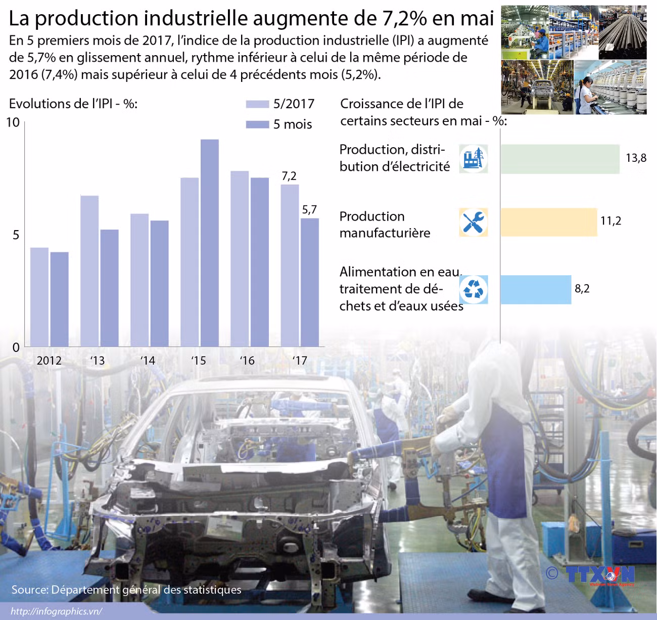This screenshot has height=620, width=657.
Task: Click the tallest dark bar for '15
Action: point(210,243)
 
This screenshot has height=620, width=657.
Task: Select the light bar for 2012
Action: point(39,297)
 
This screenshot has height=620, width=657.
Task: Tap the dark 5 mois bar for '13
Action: point(109,288)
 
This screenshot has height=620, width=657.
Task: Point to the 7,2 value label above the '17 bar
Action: point(289,176)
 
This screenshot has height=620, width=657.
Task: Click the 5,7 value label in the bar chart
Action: point(309,209)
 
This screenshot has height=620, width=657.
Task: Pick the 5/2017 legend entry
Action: point(280,104)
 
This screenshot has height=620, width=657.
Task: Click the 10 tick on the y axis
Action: point(13,122)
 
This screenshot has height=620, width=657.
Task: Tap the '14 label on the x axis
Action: point(148,361)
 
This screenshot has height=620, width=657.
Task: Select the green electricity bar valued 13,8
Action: point(560,159)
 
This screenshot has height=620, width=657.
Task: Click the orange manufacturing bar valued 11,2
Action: point(548,222)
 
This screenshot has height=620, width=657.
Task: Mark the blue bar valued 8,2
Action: point(536,289)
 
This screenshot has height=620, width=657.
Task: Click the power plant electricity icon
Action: point(474,159)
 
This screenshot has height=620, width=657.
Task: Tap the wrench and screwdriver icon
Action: point(474,222)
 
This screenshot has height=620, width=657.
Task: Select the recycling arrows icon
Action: point(474,290)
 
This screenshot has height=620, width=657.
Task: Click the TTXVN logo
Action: point(599,574)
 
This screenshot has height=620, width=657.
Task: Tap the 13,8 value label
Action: point(636,158)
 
